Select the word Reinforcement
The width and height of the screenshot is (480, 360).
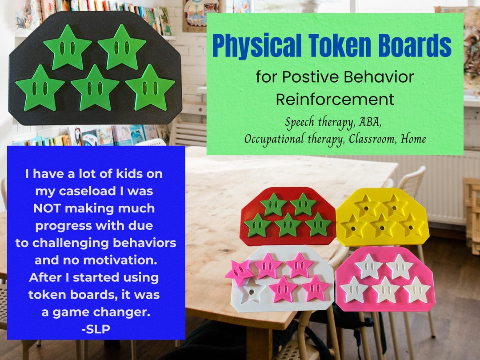pos(335,99)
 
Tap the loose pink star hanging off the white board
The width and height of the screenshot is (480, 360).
pos(239,272)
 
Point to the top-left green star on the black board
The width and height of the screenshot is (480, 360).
pos(68,48)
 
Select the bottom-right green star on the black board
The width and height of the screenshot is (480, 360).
pos(150,88)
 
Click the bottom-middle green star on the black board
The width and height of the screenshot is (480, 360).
pos(95,88)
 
